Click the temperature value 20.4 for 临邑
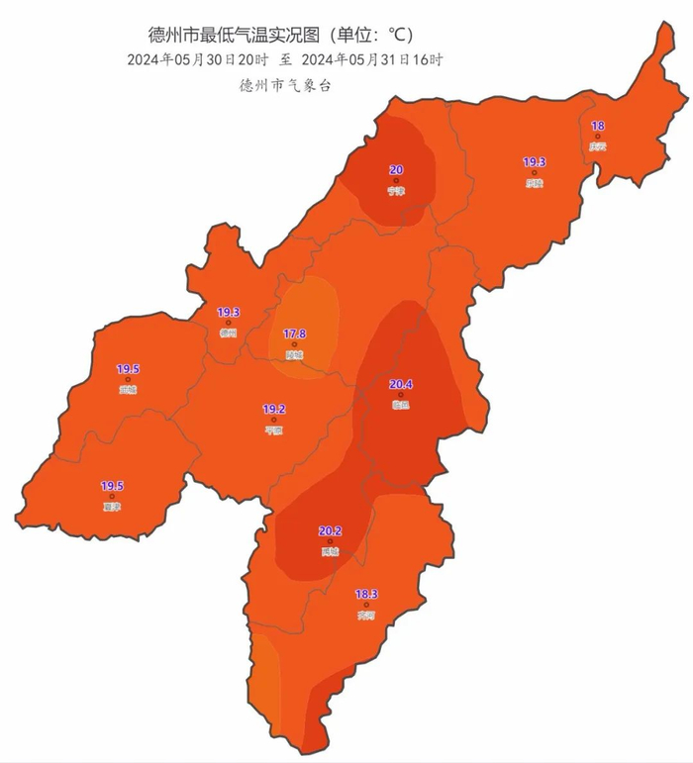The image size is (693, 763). [401, 384]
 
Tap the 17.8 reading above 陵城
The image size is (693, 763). [294, 334]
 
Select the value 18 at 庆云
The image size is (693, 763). [597, 126]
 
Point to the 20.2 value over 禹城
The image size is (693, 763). [330, 531]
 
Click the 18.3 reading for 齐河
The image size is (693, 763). [366, 594]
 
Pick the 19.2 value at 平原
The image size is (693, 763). [274, 409]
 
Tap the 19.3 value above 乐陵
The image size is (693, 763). [535, 162]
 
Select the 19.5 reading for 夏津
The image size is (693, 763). [112, 486]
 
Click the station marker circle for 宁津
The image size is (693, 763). [396, 181]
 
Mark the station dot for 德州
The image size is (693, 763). [229, 323]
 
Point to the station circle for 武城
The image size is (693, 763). [128, 379]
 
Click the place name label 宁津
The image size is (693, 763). [396, 191]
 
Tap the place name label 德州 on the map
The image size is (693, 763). [229, 334]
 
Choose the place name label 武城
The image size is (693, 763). [128, 390]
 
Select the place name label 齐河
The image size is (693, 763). [366, 615]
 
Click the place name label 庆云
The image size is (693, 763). [597, 146]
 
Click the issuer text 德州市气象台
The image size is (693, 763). [284, 85]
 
